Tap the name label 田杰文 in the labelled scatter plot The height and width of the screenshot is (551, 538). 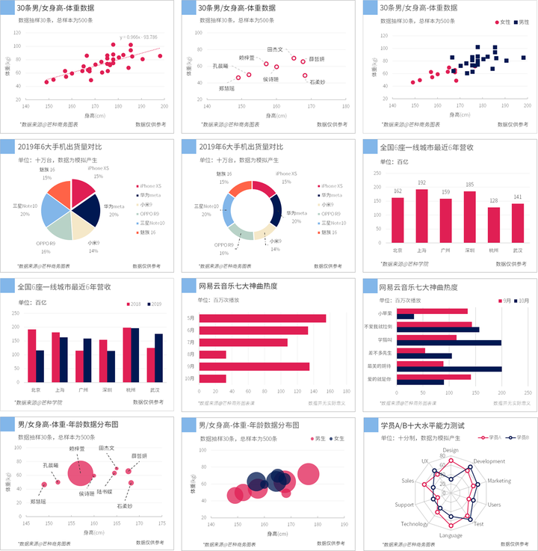[274, 50]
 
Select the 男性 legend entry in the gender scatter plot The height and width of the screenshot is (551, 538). [520, 22]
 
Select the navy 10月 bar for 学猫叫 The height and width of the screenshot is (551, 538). [449, 343]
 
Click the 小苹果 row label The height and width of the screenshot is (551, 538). [385, 313]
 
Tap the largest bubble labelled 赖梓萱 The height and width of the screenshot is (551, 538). [78, 473]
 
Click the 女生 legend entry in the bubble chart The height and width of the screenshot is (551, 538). [338, 437]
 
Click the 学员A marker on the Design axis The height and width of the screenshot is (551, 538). [451, 462]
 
